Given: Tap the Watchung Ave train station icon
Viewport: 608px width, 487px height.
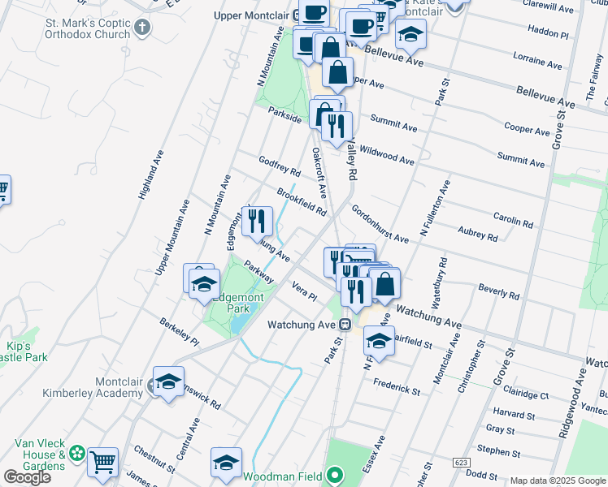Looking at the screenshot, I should coord(345,325).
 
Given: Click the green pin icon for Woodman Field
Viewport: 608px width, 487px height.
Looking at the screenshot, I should coord(333,476).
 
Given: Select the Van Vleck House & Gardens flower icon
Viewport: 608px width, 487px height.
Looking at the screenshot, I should coord(77,451).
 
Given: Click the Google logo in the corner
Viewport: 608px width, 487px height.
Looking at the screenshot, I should coord(27,477).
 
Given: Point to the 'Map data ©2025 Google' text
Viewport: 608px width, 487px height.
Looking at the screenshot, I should coord(558,481).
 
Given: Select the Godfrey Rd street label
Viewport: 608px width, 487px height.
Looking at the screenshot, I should coord(280,166).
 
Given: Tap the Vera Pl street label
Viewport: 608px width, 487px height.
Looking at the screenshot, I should coord(304,291).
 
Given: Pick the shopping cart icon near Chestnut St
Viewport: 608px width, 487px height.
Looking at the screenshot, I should coord(102,463).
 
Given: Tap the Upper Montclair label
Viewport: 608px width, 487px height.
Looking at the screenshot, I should coord(254,15).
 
